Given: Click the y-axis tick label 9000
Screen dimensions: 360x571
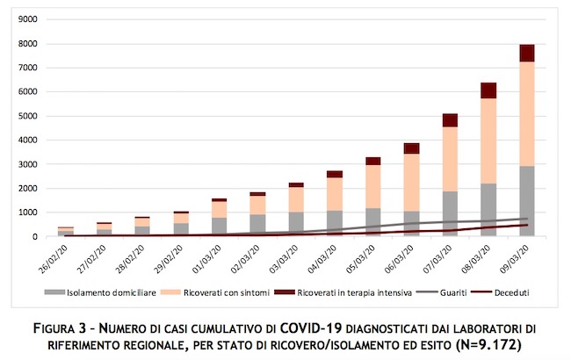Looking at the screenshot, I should pyautogui.click(x=28, y=19).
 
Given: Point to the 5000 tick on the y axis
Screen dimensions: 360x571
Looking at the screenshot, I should pyautogui.click(x=28, y=116).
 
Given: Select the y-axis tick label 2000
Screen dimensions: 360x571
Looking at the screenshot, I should pyautogui.click(x=28, y=188).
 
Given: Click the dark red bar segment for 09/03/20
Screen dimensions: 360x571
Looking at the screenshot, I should pyautogui.click(x=527, y=53).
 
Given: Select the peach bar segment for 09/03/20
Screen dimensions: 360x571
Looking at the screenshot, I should pyautogui.click(x=527, y=114).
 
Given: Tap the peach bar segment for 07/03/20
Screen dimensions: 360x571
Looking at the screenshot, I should pyautogui.click(x=450, y=159).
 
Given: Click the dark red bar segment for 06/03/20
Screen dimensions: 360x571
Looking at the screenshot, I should pyautogui.click(x=411, y=148).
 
